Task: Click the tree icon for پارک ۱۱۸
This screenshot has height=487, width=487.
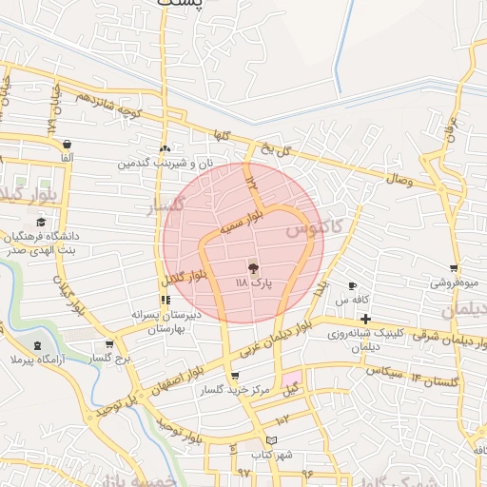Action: tap(252, 269)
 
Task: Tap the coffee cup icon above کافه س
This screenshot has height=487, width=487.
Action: tap(352, 286)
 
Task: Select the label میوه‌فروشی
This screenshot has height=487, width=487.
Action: tap(455, 282)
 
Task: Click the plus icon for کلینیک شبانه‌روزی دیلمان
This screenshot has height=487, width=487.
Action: tap(365, 318)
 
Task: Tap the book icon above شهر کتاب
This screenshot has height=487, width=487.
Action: tap(273, 439)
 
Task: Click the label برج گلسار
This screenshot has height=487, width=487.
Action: tap(109, 358)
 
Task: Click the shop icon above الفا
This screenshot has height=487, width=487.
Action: tap(66, 144)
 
